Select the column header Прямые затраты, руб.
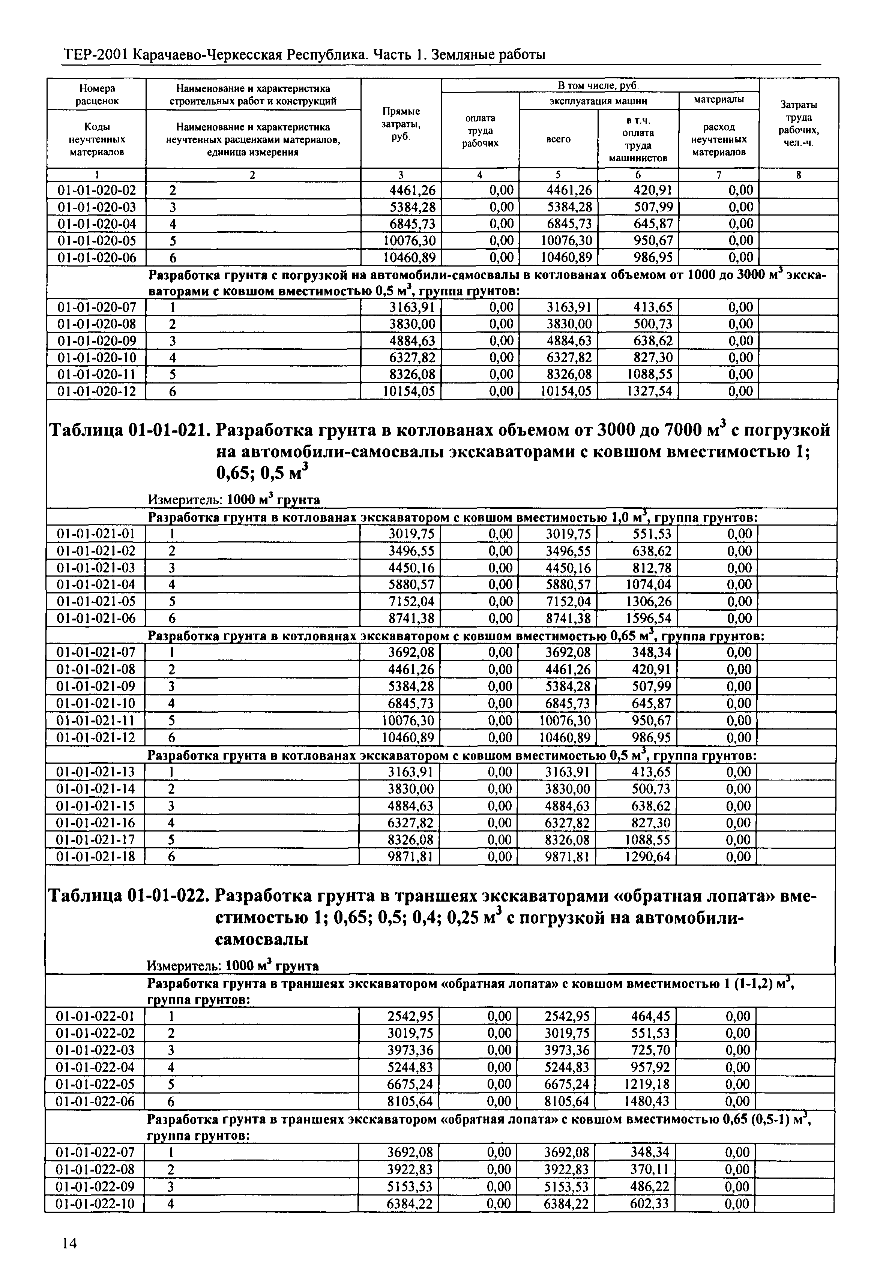coord(401,124)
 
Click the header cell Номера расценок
coord(97,94)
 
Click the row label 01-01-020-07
coord(97,307)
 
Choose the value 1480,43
coord(647,1101)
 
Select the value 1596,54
coord(648,618)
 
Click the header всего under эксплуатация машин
coord(559,139)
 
